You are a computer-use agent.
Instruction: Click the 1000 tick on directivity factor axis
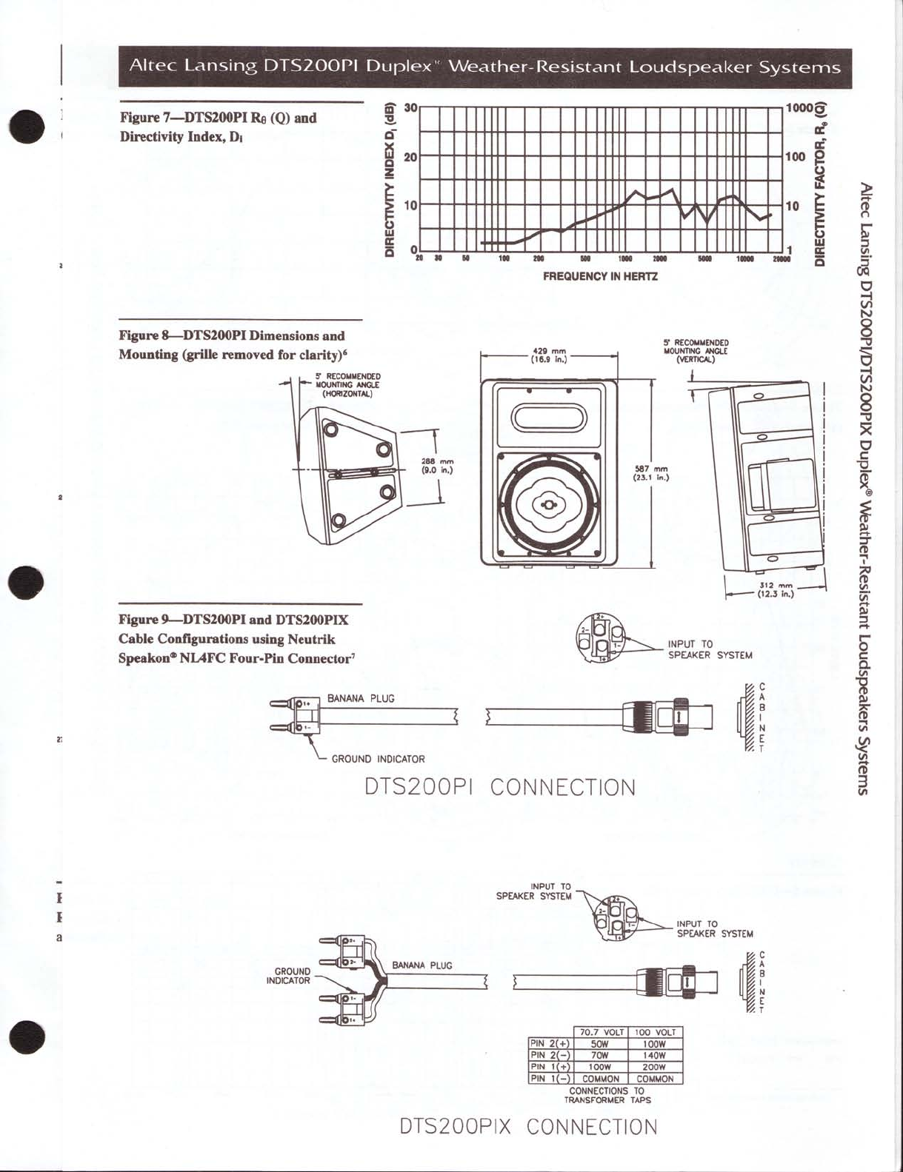pyautogui.click(x=799, y=108)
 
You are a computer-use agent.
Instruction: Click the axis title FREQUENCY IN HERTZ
pyautogui.click(x=600, y=276)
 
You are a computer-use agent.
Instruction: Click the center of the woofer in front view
pyautogui.click(x=548, y=505)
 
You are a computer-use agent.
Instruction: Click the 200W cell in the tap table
pyautogui.click(x=655, y=1067)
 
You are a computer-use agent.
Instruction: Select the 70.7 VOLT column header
pyautogui.click(x=601, y=1032)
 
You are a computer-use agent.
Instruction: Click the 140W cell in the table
pyautogui.click(x=655, y=1055)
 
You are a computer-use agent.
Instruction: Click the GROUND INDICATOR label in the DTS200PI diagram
pyautogui.click(x=378, y=759)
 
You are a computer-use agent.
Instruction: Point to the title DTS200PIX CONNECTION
pyautogui.click(x=528, y=1128)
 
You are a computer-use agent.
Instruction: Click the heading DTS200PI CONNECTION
pyautogui.click(x=500, y=787)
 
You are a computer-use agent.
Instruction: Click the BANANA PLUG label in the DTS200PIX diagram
pyautogui.click(x=421, y=965)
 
